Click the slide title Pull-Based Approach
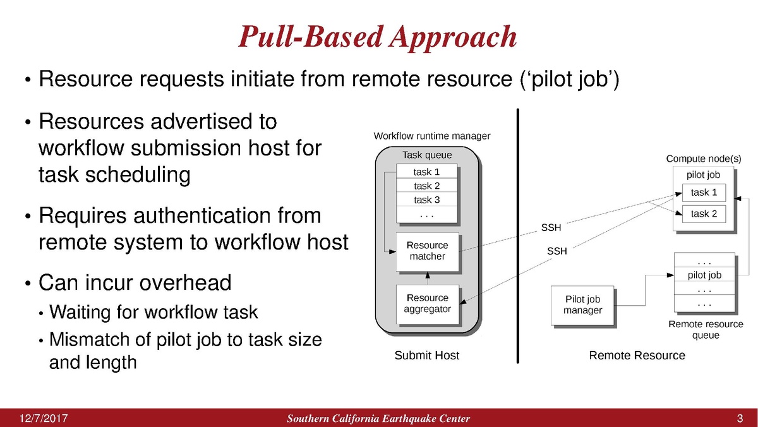coord(378,37)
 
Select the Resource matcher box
coord(427,251)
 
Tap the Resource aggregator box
coord(427,304)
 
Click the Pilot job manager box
coord(582,305)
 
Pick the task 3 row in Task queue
coord(426,200)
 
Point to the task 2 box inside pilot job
coord(704,213)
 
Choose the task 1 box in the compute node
coord(704,193)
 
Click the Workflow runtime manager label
coord(431,136)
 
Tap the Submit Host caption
coord(426,356)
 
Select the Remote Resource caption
coord(637,356)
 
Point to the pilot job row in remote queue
coord(704,275)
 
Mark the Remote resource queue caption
coord(706,330)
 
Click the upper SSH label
coord(551,227)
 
